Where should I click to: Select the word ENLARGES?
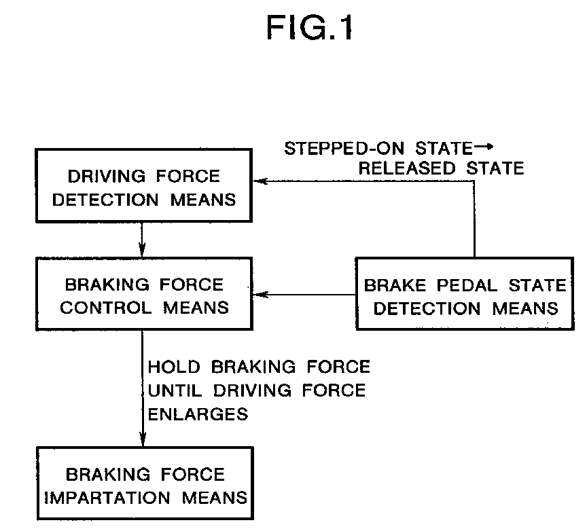click(198, 414)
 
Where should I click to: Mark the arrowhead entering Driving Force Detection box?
click(258, 181)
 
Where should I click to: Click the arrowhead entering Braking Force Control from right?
click(258, 295)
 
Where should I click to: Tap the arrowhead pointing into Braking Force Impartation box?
click(142, 441)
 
